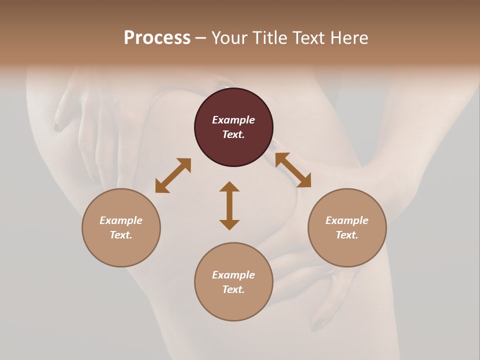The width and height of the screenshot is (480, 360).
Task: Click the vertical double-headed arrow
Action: point(229,205)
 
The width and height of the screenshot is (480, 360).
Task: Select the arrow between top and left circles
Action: point(173,175)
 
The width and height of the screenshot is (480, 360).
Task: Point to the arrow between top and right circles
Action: point(293,170)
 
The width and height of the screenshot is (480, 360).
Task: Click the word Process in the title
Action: point(157,37)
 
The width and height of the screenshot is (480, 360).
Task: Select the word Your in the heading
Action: point(230,37)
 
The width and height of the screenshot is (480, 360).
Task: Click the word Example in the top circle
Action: point(233,120)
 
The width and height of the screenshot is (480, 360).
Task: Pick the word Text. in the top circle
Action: point(233,134)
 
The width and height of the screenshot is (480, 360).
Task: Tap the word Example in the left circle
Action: point(121,220)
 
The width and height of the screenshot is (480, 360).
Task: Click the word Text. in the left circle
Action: point(121,235)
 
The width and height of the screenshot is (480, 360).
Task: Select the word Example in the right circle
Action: point(347,220)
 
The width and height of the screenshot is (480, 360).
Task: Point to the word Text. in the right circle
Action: point(347,235)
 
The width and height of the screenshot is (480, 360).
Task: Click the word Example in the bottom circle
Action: point(233,275)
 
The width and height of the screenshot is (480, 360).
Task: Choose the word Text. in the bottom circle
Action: point(233,289)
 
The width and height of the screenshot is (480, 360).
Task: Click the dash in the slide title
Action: point(201,38)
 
